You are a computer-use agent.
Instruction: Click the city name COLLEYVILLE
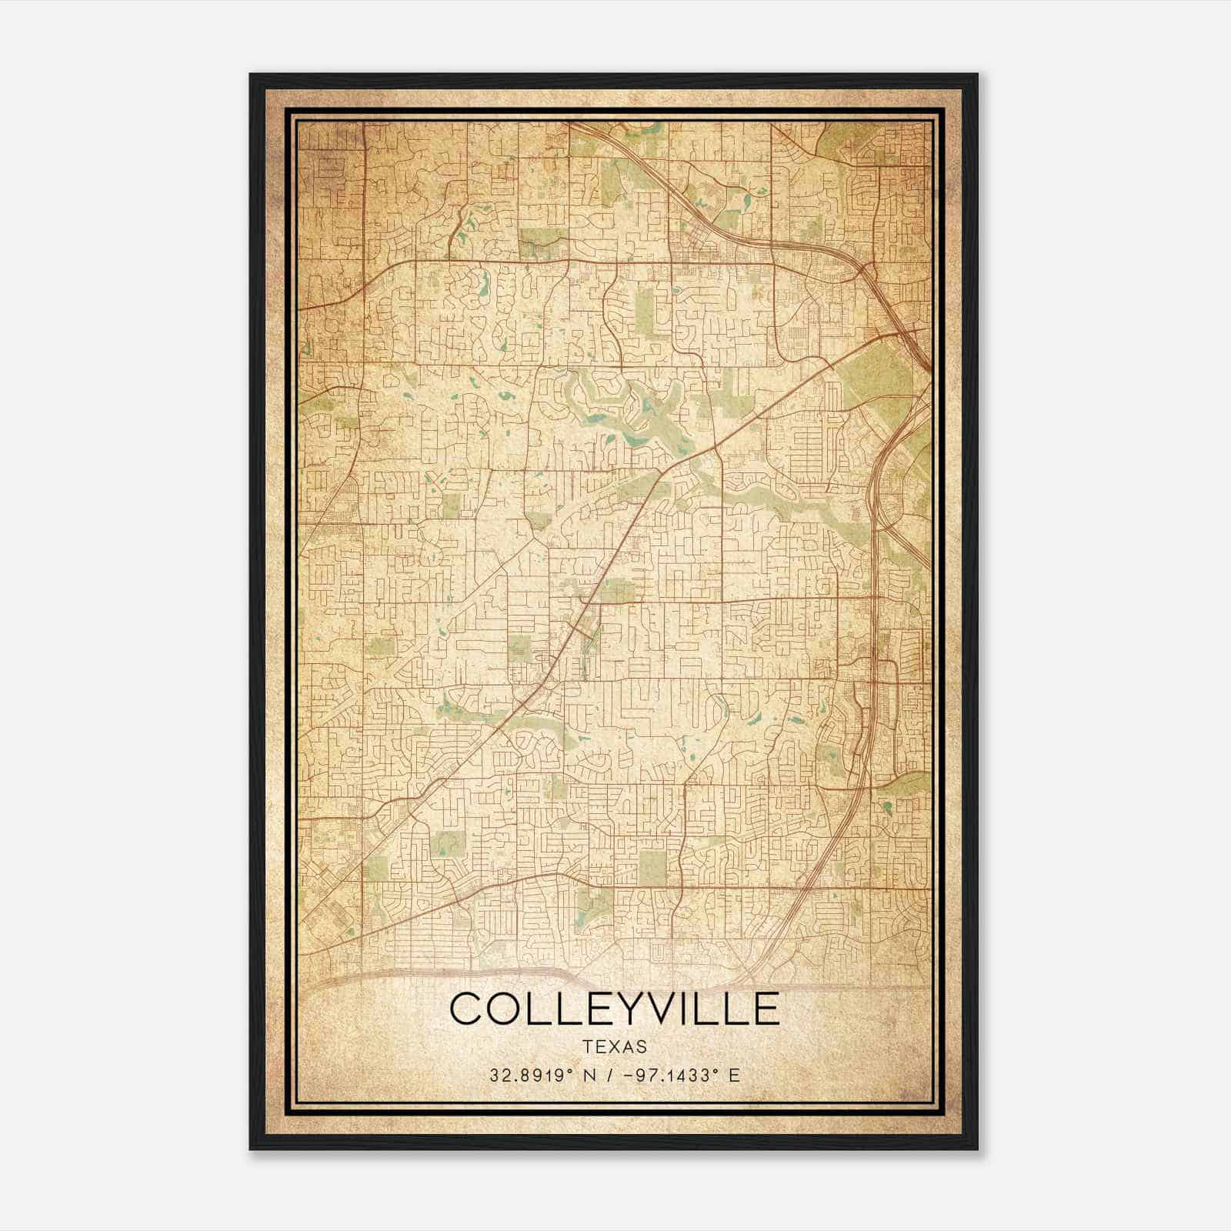[x=615, y=1009]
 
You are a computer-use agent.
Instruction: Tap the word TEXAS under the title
[x=615, y=1047]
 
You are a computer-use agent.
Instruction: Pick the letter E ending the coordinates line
[x=734, y=1075]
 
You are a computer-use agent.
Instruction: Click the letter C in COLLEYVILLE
[x=467, y=1009]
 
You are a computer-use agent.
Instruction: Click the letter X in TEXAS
[x=615, y=1047]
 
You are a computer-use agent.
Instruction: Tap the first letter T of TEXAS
[x=588, y=1047]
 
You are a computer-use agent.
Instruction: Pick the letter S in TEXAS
[x=642, y=1047]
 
